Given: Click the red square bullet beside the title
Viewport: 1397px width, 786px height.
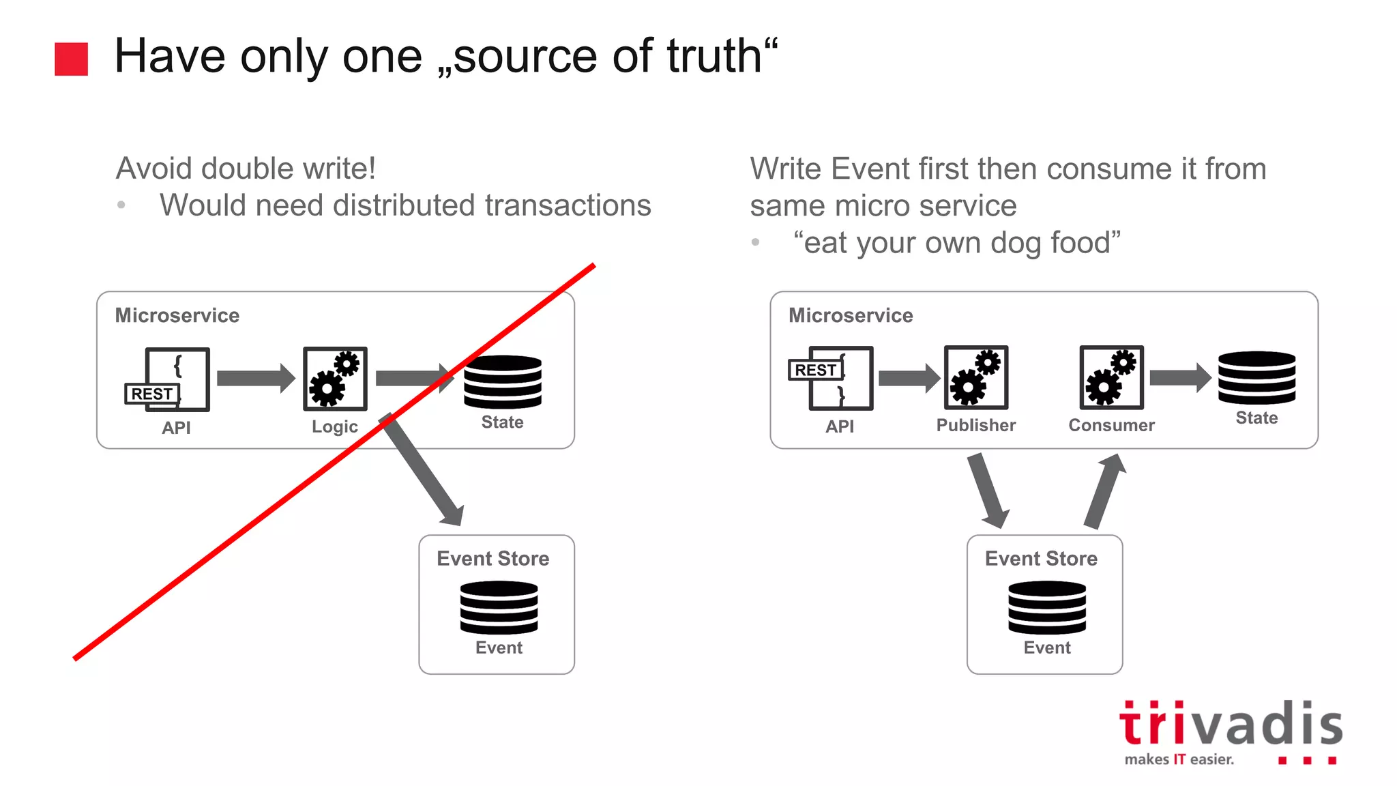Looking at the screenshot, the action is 71,59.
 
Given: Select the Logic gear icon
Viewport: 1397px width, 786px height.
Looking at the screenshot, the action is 335,379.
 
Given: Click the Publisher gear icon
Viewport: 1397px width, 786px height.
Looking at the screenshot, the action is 975,377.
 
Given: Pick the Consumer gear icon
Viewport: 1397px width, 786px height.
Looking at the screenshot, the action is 1111,377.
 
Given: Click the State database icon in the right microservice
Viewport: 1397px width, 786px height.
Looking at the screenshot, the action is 1256,377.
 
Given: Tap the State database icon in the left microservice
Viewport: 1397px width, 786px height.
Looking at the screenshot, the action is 503,381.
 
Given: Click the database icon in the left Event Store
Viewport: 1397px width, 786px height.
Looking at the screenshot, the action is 499,607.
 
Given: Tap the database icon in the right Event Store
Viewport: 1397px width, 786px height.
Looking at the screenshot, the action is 1046,607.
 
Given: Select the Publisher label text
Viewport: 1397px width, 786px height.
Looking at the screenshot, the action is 975,425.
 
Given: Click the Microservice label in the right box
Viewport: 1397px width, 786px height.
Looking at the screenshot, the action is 851,315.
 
